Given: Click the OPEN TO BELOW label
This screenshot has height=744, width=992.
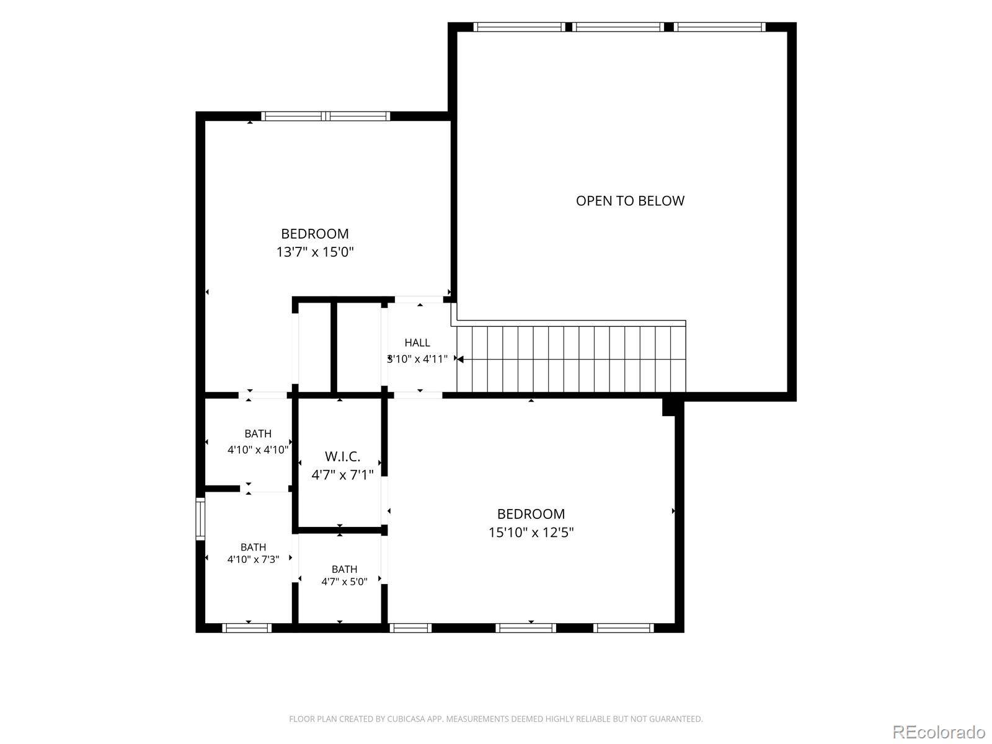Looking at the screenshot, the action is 630,200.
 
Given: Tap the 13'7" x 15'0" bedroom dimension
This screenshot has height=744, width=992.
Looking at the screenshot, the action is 315,252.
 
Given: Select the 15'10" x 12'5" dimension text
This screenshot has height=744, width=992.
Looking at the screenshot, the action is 531,532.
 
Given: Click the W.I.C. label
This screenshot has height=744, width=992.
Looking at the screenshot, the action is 343,456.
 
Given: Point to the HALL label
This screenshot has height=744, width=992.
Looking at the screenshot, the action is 417,342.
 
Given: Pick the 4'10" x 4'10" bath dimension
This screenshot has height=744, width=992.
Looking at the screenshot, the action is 258,449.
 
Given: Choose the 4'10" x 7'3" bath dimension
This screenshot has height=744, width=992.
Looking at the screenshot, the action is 253,559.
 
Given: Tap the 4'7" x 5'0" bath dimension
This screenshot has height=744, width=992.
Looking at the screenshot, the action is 344,582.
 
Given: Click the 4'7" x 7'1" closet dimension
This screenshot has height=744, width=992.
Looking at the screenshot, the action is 343,475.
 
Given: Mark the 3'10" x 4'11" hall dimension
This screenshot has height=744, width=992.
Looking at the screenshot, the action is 417,359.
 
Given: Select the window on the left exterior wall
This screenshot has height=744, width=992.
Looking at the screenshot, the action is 200,518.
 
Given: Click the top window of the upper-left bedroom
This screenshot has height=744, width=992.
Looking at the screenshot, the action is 325,116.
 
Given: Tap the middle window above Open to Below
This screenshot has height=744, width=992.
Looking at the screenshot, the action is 618,27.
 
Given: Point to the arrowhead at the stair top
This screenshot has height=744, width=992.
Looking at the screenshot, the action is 460,359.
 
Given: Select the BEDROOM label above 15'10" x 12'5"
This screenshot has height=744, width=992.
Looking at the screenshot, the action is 531,513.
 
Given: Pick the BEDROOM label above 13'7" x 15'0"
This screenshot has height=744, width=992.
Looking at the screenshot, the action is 315,234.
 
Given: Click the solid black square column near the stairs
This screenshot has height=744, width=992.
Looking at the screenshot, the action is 668,407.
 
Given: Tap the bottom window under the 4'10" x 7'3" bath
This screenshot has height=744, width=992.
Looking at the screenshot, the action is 247,628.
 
